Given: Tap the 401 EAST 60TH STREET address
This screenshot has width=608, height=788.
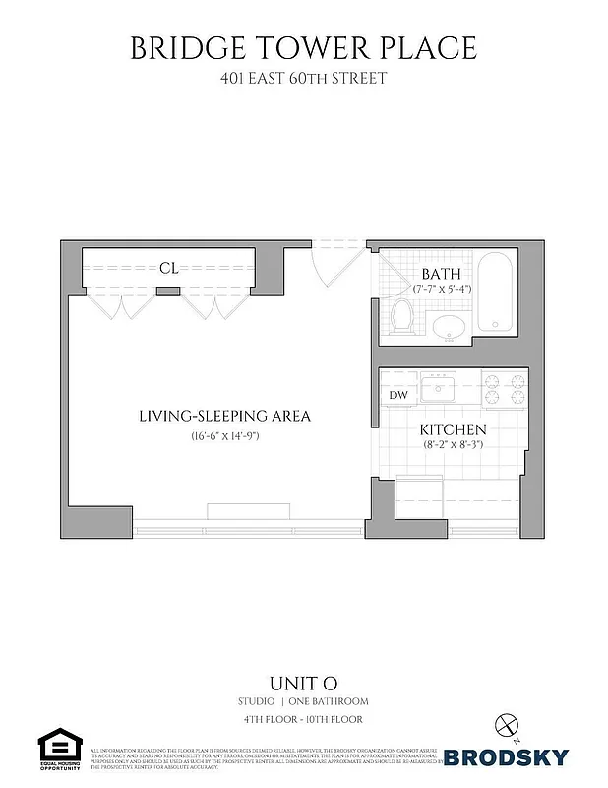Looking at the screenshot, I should click(303, 77).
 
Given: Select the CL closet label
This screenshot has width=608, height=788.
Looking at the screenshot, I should click(169, 267).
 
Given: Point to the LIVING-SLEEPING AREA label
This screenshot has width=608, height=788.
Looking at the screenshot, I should click(224, 416).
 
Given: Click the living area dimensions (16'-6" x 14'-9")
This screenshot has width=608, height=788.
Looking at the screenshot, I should click(224, 436).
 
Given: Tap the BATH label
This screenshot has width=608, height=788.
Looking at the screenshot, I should click(439, 273).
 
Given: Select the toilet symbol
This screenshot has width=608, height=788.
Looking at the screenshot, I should click(401, 315).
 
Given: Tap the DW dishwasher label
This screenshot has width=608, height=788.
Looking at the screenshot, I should click(398, 395).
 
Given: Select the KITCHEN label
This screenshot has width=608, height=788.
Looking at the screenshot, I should click(454, 430).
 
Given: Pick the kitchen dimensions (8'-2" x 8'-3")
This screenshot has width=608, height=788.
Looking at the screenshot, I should click(454, 445).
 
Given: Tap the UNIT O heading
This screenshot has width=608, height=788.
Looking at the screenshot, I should click(303, 683).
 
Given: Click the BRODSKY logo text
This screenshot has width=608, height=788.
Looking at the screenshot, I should click(506, 756).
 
